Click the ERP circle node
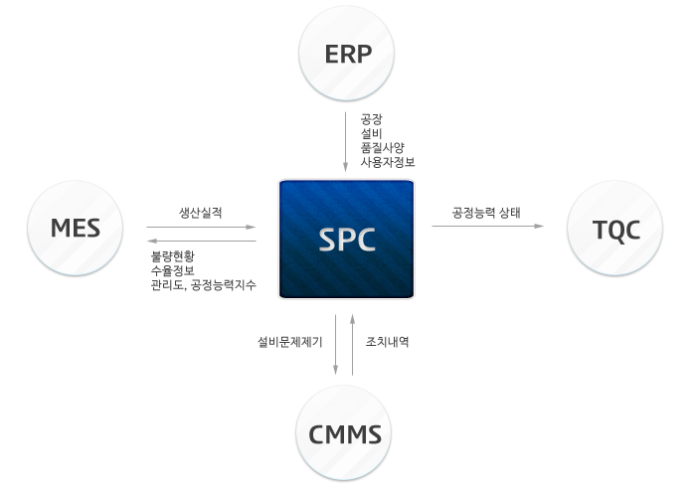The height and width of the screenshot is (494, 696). pos(346,54)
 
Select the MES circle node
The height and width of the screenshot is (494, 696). pos(75,228)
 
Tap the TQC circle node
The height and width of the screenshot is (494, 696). pos(614,229)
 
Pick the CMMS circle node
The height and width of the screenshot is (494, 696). pos(344,433)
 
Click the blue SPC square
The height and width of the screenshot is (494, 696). pos(346,240)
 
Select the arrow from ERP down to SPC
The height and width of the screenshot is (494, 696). pos(345,141)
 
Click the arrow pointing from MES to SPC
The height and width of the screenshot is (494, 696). pos(201,227)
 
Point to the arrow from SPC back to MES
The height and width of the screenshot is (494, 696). pos(202,241)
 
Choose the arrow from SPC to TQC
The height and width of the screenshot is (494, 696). pos(488,226)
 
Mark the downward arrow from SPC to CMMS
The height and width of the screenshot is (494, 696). pos(336,345)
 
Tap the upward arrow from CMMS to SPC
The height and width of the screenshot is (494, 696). pos(352,345)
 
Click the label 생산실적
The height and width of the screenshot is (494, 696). pos(200,213)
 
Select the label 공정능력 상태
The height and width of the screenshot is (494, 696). pos(486,213)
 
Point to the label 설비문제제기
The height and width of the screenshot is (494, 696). pos(290,342)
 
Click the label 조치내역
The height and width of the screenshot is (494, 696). pos(387,342)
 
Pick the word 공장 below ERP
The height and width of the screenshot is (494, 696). pos(371,119)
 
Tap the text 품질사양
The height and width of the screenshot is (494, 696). pos(382,148)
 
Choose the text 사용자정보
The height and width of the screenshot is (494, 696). pos(388,162)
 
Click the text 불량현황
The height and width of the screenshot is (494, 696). pos(173,256)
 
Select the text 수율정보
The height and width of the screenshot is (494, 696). pos(173,270)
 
